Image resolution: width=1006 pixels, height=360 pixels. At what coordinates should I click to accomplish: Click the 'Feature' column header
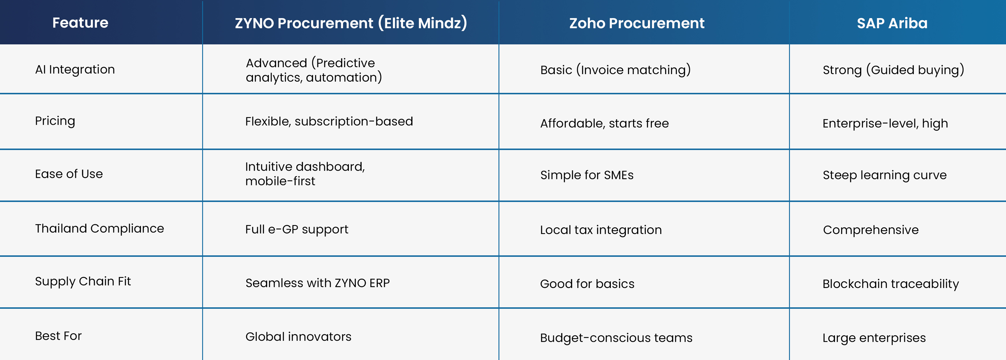coord(80,23)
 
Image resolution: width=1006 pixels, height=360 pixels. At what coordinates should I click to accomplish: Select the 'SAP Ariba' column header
coord(892,23)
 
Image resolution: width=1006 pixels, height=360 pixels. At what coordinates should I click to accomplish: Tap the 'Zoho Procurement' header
coord(637,23)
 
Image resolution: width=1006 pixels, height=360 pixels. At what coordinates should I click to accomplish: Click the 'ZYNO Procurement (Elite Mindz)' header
coord(351,23)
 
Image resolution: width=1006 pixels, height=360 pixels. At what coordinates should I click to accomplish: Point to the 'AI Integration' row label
coord(75,69)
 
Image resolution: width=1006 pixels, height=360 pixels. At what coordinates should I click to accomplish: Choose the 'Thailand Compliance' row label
coord(100,228)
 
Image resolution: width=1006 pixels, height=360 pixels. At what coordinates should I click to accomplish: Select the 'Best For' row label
coord(58,336)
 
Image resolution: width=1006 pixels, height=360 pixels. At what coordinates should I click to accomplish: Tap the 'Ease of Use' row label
coord(69,174)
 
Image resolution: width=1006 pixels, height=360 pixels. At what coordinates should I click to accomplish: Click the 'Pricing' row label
coord(55,121)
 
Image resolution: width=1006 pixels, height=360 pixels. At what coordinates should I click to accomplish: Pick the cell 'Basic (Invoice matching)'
coord(615,70)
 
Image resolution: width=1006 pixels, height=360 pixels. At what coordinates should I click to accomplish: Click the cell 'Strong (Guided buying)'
coord(894,70)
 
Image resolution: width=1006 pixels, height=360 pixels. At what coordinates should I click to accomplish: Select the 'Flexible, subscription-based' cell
coord(329,121)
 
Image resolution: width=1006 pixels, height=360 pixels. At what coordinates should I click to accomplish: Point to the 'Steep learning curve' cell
coord(885,175)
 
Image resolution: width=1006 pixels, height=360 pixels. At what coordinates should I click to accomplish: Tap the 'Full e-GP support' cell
coord(296,229)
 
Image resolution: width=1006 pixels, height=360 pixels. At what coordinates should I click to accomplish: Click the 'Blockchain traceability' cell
coord(890,284)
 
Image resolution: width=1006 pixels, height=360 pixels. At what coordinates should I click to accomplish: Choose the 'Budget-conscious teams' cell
coord(616,338)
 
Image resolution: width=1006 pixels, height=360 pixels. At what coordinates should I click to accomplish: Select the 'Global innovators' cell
coord(298,337)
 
